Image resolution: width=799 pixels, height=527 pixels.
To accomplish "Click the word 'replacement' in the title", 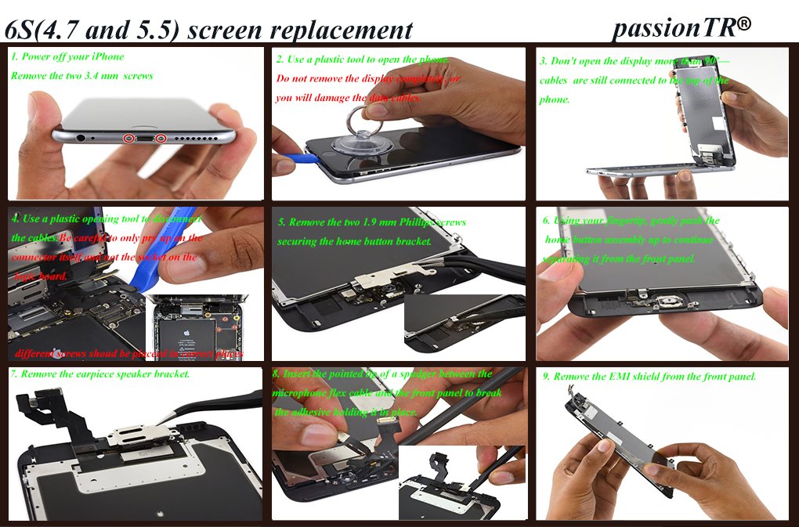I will [345, 30].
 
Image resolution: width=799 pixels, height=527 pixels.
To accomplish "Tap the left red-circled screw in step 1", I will [127, 139].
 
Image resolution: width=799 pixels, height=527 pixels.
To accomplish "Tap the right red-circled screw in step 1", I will [160, 139].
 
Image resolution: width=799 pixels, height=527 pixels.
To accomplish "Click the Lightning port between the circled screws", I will [143, 139].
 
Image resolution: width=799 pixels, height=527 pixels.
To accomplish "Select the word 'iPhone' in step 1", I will [107, 56].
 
